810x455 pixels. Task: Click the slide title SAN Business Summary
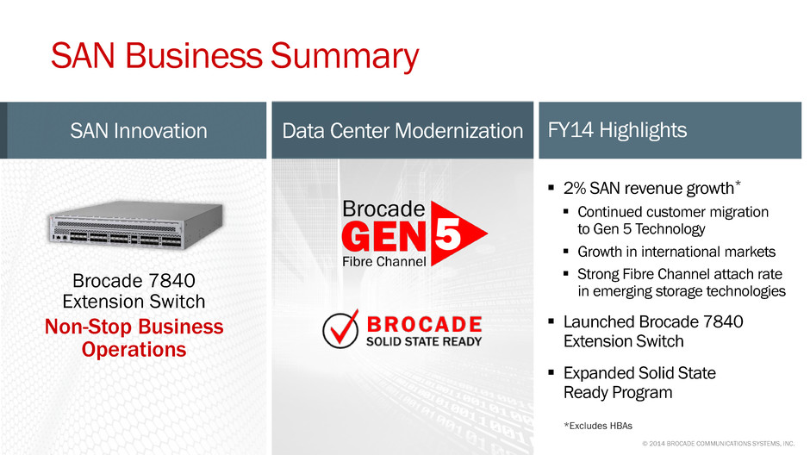point(234,56)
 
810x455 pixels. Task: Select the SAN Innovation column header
point(139,131)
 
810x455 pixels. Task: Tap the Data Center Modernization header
point(402,131)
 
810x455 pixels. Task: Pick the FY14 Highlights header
point(617,130)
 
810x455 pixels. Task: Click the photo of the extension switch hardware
point(136,225)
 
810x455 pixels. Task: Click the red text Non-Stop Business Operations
point(134,338)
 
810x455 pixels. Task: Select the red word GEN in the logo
point(383,237)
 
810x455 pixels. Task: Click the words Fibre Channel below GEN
point(383,261)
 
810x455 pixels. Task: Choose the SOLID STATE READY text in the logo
point(424,341)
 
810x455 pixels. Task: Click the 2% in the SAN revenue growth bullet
point(575,188)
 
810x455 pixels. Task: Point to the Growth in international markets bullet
point(676,252)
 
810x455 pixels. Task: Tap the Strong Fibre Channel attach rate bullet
point(682,282)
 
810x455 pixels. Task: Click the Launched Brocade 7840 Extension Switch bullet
point(653,332)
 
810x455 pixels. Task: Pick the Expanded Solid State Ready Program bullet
point(639,383)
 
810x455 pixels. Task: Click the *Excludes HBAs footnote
point(598,426)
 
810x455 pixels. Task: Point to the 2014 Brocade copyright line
point(718,443)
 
